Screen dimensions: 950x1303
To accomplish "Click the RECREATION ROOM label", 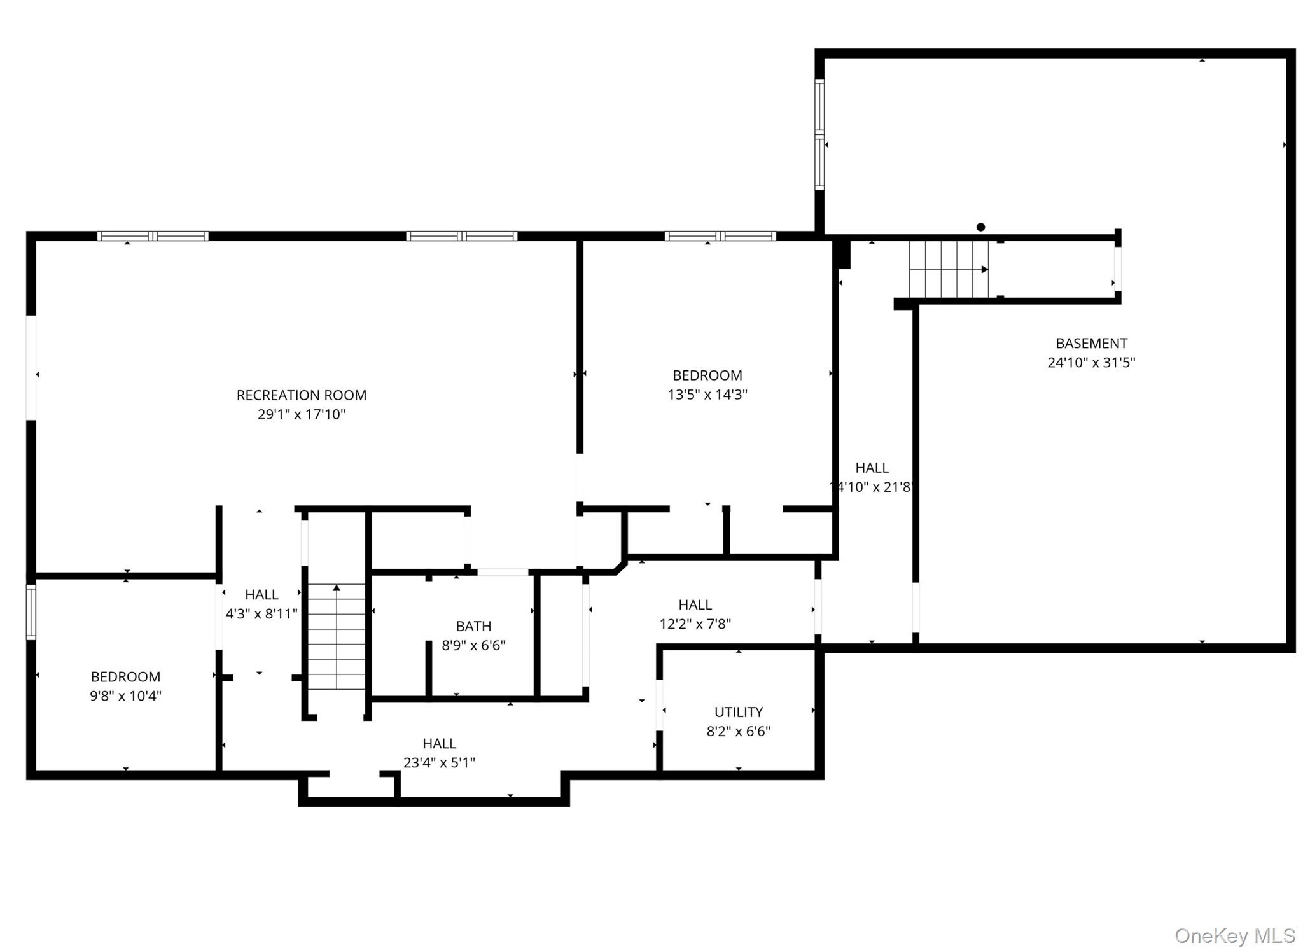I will coord(301,395).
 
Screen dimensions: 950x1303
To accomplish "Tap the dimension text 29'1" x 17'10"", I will coord(301,415).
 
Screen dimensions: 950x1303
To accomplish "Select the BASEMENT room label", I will coord(1091,344).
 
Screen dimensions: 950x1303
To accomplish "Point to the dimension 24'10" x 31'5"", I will coord(1091,363).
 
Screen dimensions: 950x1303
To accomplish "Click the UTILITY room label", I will coord(738,712).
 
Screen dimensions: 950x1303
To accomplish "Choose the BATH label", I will coord(473,626).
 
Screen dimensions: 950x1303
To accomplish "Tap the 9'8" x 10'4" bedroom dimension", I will coord(125,696).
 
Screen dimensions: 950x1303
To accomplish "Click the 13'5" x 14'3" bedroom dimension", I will coord(707,395).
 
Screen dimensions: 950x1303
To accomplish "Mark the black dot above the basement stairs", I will coord(980,227).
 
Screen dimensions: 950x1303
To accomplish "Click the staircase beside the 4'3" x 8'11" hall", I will coord(337,636).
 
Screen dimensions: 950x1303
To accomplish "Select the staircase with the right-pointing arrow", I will coord(949,269).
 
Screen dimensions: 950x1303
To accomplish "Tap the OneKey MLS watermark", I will coord(1234,935).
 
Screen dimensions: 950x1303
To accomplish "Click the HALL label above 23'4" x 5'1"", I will coord(439,743).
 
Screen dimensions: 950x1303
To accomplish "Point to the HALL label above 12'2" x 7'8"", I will coord(695,604).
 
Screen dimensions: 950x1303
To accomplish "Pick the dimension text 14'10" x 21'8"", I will coord(872,487).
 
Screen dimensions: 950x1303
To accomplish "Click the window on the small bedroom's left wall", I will coord(31,611).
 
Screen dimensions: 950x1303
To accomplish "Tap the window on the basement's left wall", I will coord(819,134).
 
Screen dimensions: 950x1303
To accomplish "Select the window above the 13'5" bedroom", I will coord(720,236).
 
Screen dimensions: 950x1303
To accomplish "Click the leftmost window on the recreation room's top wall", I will coord(153,236).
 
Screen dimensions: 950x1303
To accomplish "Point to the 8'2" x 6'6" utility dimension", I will coord(738,732).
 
